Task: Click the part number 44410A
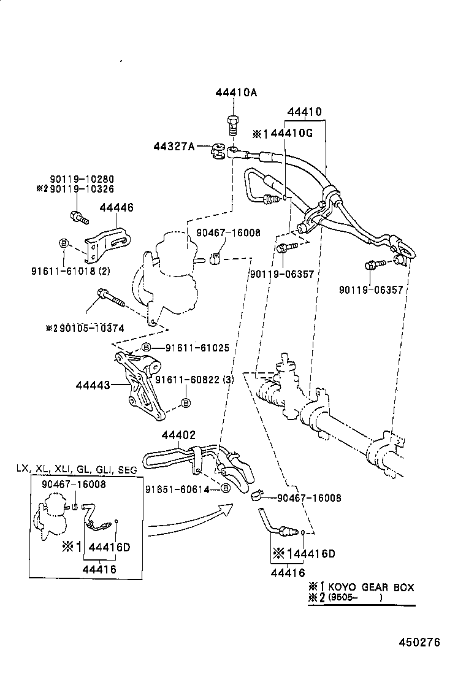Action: [236, 93]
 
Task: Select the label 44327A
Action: [174, 146]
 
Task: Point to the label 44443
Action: [93, 385]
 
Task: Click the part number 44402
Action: [178, 435]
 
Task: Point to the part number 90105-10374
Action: [89, 328]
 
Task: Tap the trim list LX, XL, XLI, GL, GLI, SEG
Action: [77, 469]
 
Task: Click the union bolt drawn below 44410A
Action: [233, 125]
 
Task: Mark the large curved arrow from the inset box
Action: [190, 518]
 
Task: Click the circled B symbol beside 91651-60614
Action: [225, 489]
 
